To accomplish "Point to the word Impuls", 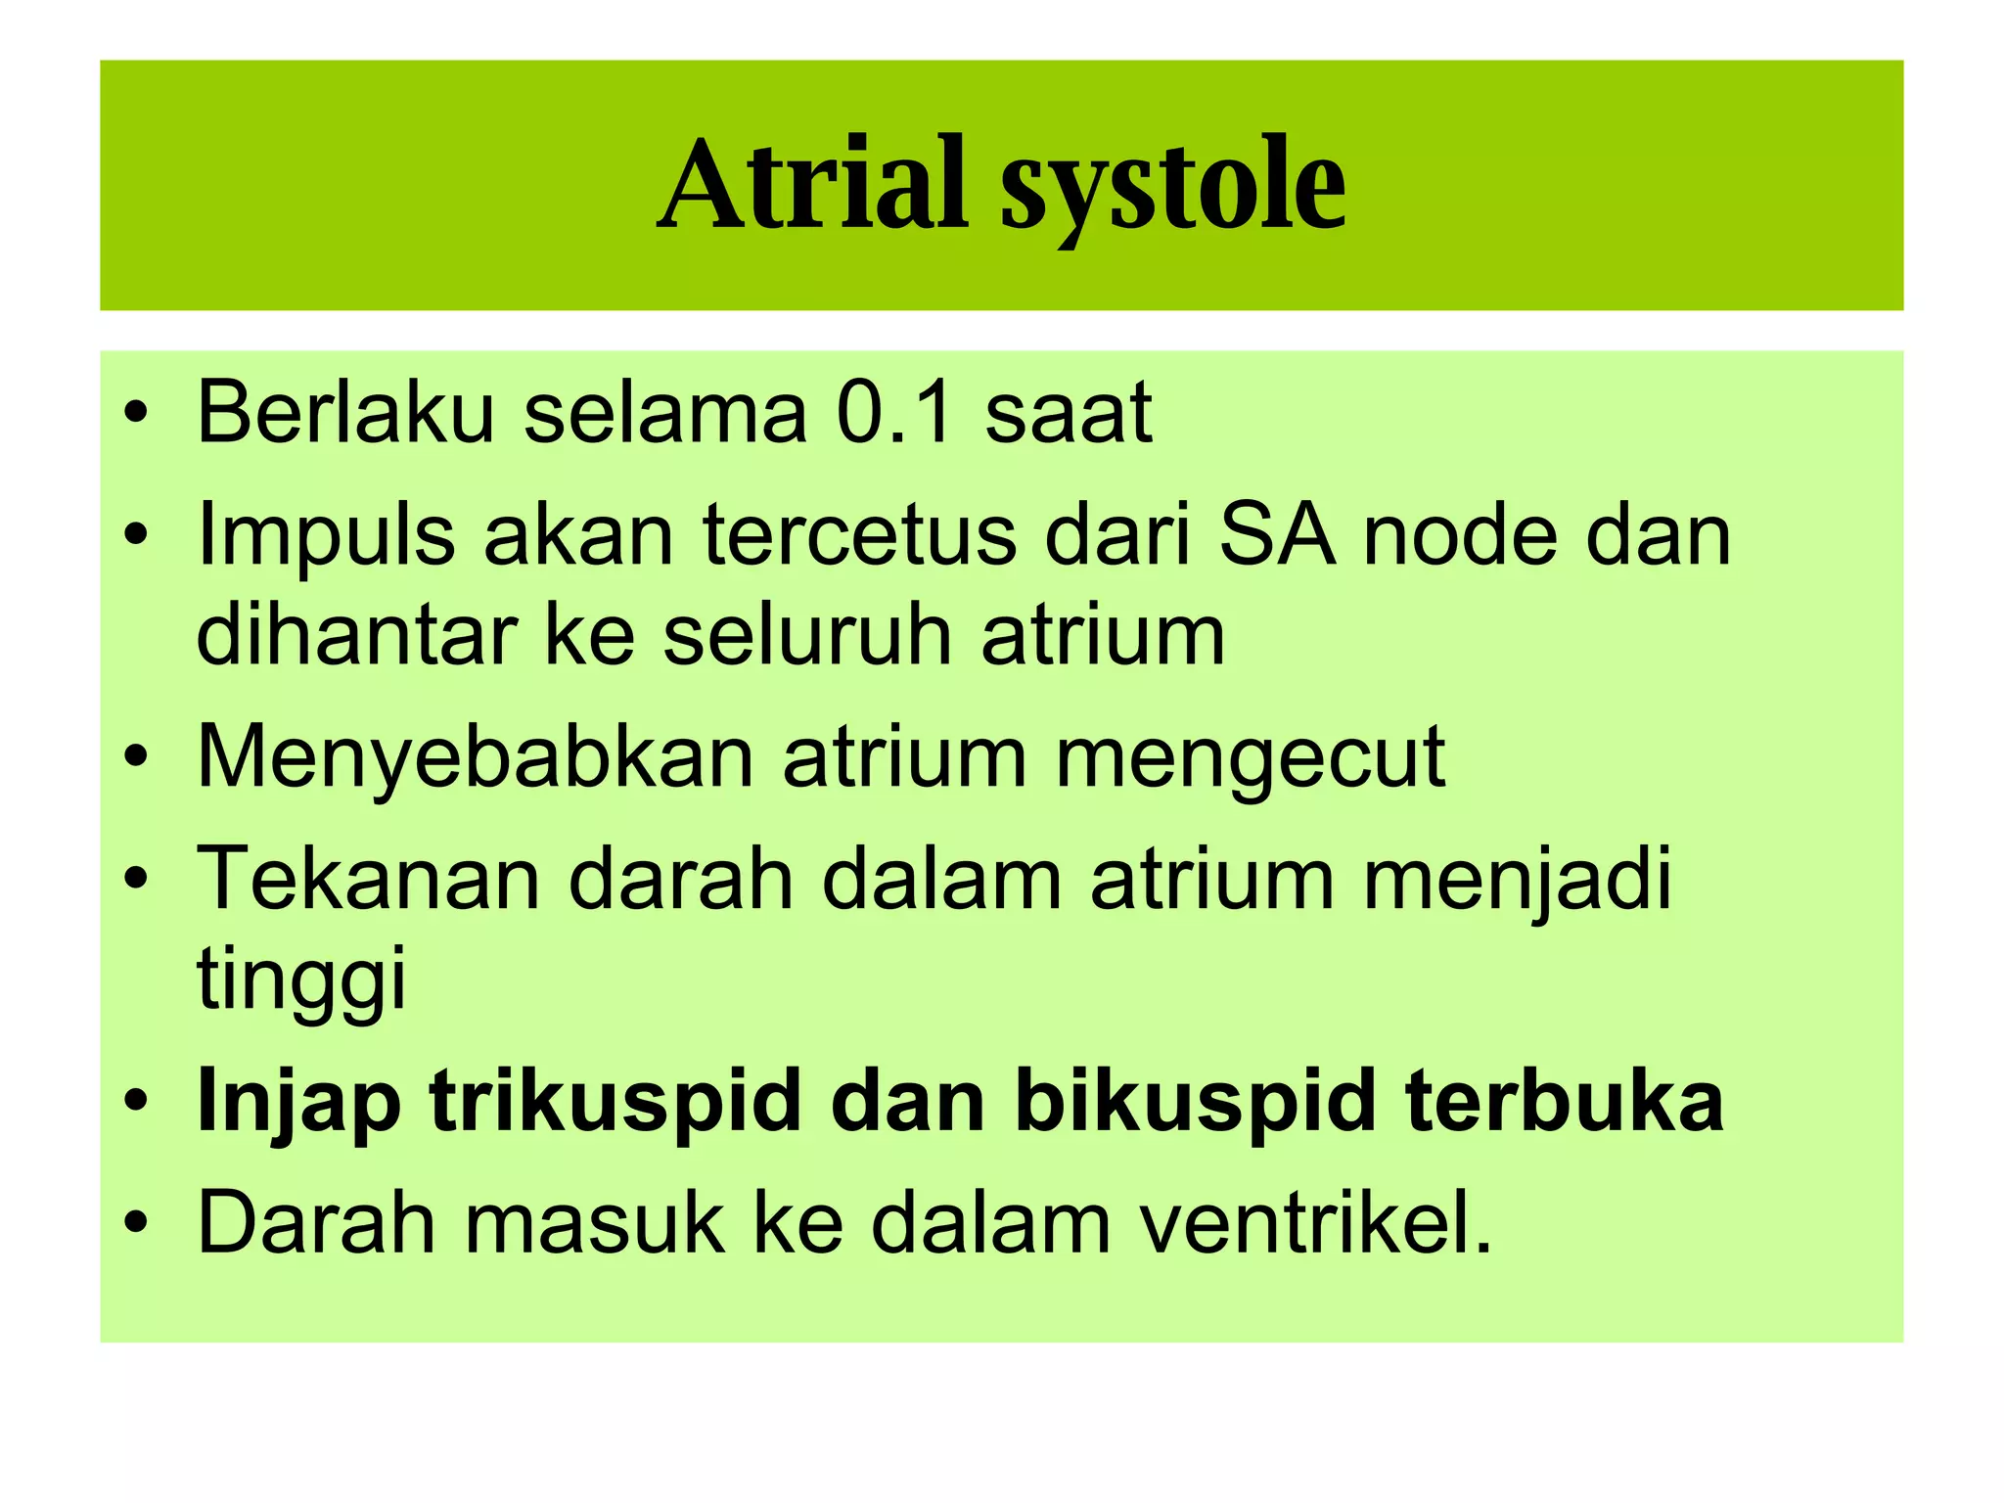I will point(326,537).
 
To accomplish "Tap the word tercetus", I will point(860,535).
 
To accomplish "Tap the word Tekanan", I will point(368,879).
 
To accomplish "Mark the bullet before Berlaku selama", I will point(136,414).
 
